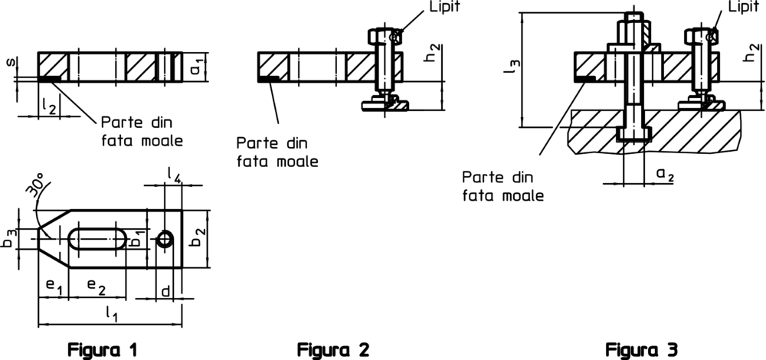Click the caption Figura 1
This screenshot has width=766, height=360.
click(x=105, y=350)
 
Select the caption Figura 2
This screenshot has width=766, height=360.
click(x=333, y=350)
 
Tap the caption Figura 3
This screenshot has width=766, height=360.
click(x=642, y=350)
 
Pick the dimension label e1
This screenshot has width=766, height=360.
click(x=53, y=285)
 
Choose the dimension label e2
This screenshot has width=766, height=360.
click(x=97, y=285)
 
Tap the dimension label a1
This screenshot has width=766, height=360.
click(x=198, y=69)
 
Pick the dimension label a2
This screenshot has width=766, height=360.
click(x=664, y=175)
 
